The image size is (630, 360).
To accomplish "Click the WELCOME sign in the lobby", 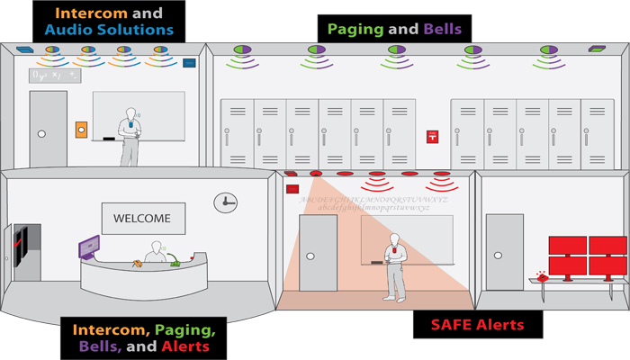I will (x=142, y=218).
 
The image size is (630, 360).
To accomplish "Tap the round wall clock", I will (x=225, y=202).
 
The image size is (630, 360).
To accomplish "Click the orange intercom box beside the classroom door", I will (x=81, y=130).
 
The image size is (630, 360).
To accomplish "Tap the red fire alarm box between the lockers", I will (x=432, y=138).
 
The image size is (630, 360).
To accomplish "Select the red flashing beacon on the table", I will (x=542, y=274).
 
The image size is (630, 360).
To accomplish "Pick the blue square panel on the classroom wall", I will (x=189, y=64).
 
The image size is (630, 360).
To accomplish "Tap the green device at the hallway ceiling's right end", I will (x=597, y=49).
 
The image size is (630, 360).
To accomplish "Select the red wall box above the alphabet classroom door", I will (x=292, y=189).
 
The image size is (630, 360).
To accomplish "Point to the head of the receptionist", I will (x=159, y=245).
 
